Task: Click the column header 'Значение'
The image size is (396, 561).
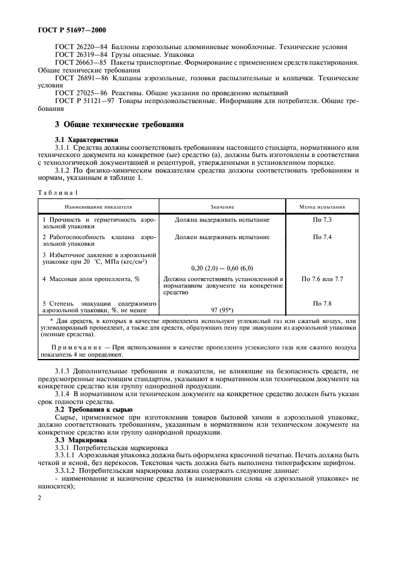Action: point(222,206)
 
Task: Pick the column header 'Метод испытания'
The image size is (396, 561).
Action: point(322,206)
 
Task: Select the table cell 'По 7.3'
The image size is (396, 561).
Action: point(322,220)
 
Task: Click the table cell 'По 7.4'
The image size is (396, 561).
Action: point(322,237)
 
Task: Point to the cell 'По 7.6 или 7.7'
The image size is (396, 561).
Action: point(322,279)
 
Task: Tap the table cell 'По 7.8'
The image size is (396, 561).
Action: point(322,304)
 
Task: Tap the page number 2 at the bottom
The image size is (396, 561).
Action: point(38,497)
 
